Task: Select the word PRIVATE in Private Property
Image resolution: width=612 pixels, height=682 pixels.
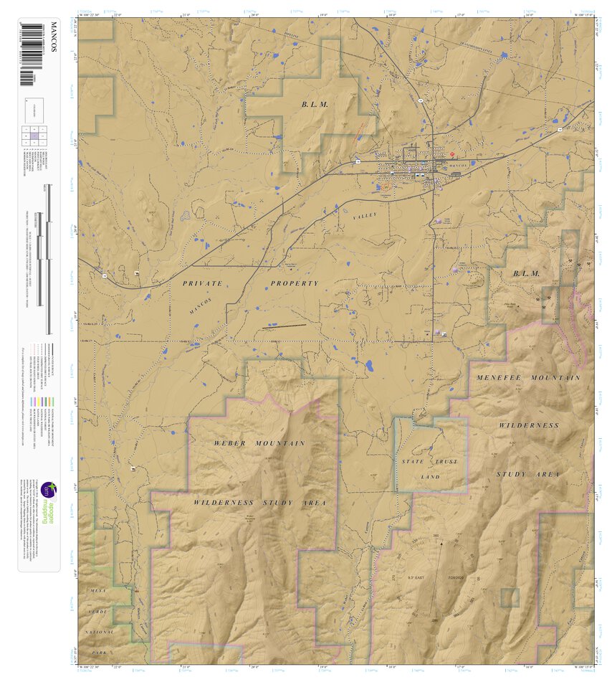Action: [203, 283]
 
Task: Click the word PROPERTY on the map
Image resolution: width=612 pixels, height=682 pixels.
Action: [294, 283]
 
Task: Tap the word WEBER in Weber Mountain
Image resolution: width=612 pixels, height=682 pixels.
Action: [229, 443]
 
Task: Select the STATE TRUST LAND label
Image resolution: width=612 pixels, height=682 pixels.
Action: [429, 469]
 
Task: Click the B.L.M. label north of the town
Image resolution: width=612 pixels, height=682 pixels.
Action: [314, 105]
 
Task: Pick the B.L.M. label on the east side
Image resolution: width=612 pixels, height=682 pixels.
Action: [526, 274]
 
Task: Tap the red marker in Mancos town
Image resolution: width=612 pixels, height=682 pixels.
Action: [453, 153]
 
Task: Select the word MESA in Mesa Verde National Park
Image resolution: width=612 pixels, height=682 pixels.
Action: [97, 589]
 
